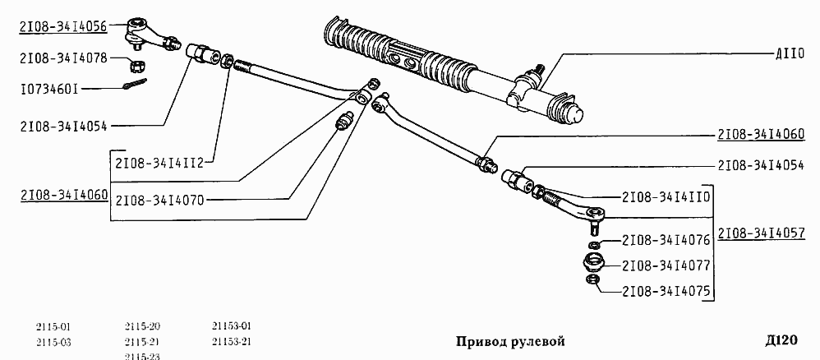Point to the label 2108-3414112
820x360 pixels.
pos(165,162)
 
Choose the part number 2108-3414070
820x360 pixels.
pos(165,200)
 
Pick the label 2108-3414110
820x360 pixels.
pos(666,197)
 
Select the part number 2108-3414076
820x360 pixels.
pos(666,241)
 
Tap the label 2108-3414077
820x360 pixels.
pos(666,265)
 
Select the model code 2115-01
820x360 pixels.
pos(53,326)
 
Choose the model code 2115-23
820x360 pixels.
pos(142,356)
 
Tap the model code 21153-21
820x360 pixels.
pos(231,341)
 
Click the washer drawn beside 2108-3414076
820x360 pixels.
pos(593,245)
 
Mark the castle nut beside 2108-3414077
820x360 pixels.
pos(593,264)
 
